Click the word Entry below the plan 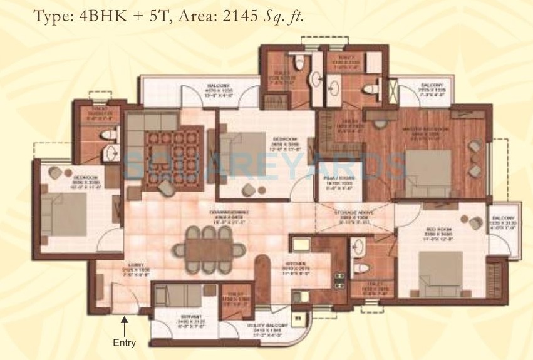pyautogui.click(x=124, y=343)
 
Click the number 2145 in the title pyautogui.click(x=235, y=17)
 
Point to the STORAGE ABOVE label pyautogui.click(x=355, y=215)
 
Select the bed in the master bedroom pyautogui.click(x=427, y=172)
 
